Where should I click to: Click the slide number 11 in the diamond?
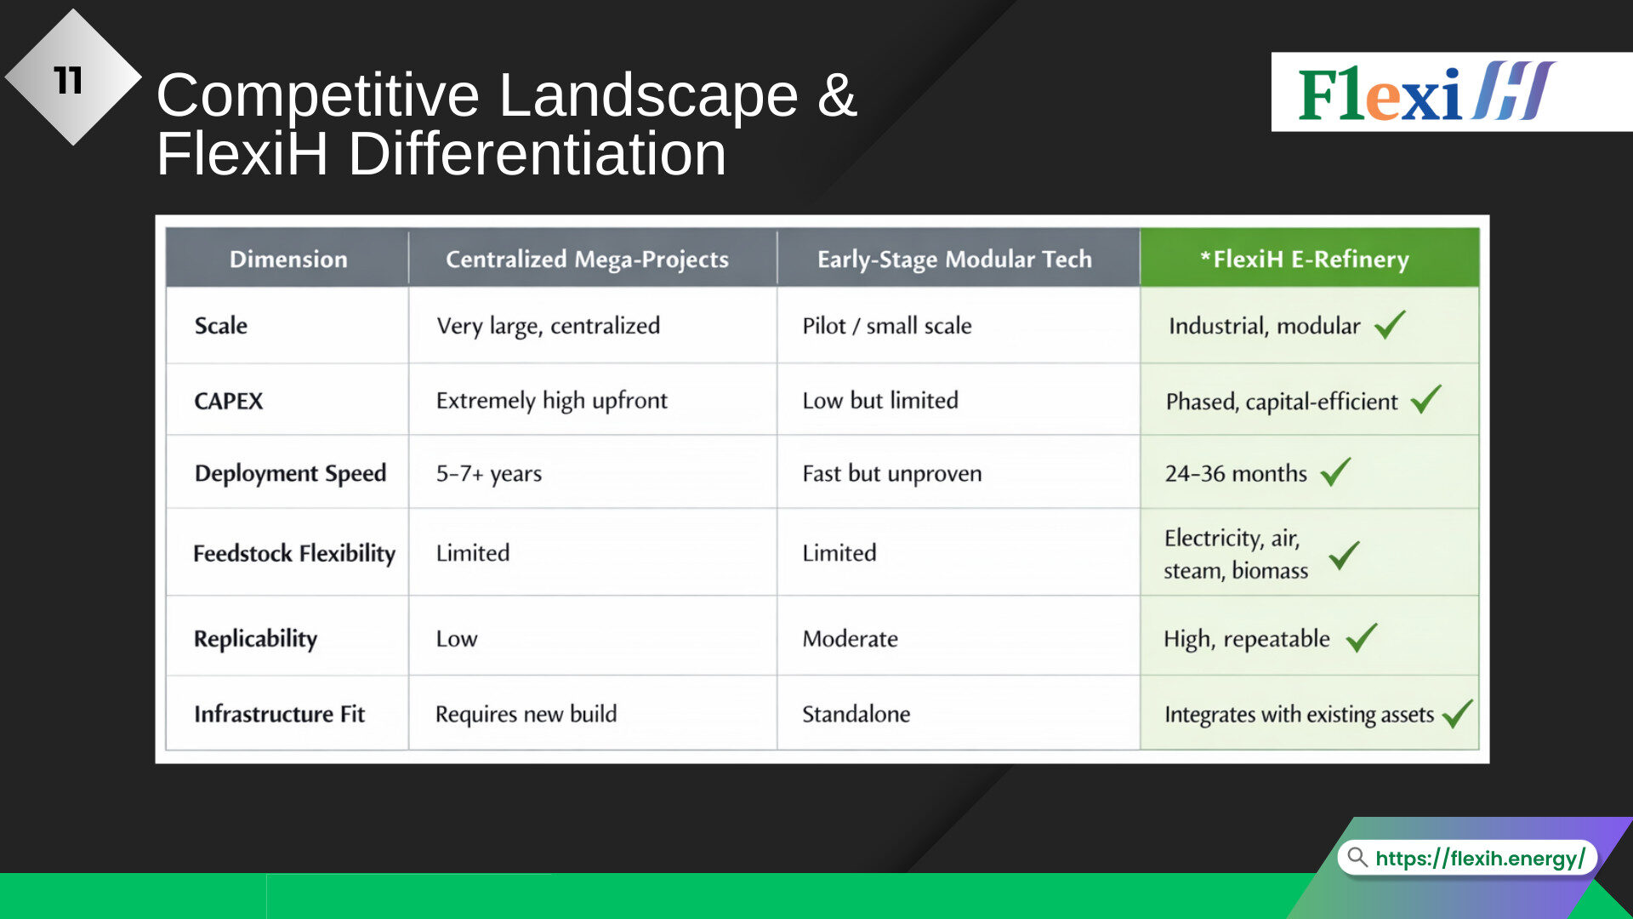point(68,81)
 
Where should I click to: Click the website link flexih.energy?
point(1480,858)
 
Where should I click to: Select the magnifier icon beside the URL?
point(1357,857)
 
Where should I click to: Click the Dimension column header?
point(288,259)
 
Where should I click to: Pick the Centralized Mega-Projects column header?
point(587,260)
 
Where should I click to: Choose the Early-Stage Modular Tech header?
point(954,260)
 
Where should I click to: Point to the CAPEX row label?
point(229,401)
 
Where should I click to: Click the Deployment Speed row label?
point(290,473)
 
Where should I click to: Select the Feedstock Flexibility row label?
point(294,553)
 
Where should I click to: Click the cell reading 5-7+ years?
point(489,473)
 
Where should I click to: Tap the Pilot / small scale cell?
point(887,326)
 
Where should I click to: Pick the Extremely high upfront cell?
point(552,401)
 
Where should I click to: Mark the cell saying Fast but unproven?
point(892,473)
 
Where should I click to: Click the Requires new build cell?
point(526,714)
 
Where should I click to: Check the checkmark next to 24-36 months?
point(1335,471)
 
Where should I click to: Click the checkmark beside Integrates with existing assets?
point(1458,713)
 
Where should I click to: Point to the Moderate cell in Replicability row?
point(851,639)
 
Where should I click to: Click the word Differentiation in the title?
point(538,154)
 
